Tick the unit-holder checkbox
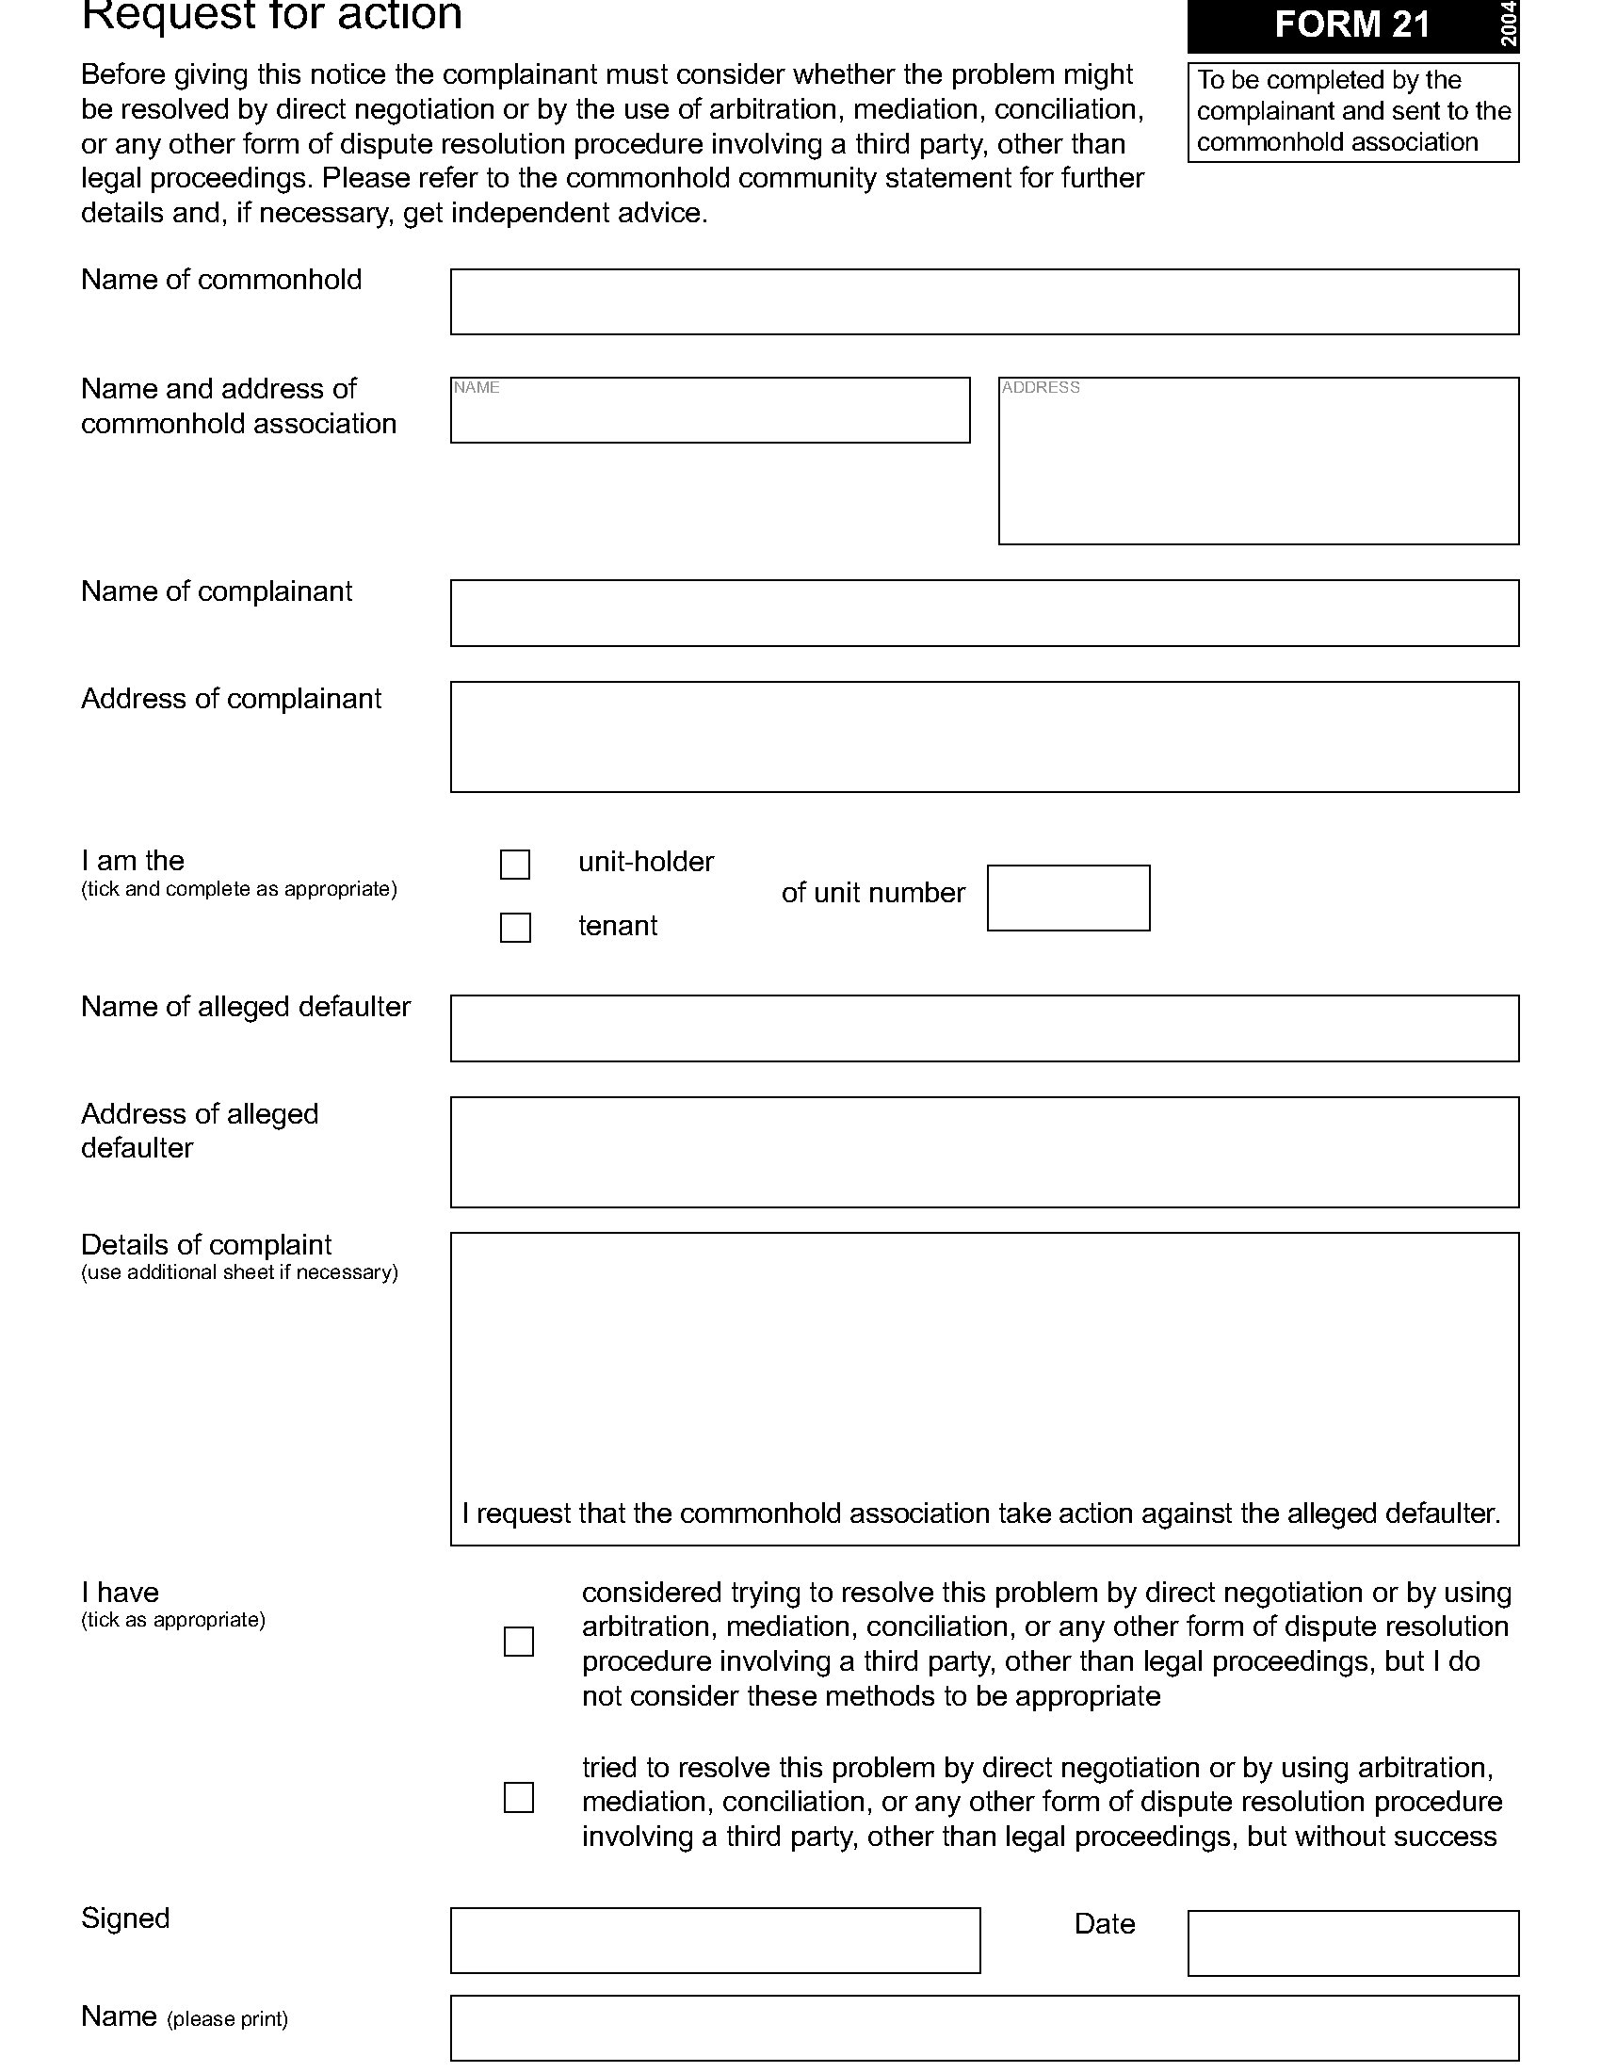[x=515, y=865]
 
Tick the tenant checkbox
[x=515, y=928]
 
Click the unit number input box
[x=1068, y=898]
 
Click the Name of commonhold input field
[x=983, y=301]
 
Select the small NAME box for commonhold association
[x=709, y=410]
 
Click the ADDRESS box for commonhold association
[x=1257, y=461]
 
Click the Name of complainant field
[x=983, y=613]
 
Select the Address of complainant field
[x=983, y=737]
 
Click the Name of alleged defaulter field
[x=983, y=1028]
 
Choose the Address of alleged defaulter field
[x=983, y=1153]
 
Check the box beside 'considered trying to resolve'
[x=519, y=1643]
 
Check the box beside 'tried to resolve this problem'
[x=519, y=1798]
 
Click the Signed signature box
[x=715, y=1941]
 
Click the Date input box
[x=1352, y=1943]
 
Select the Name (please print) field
[x=983, y=2029]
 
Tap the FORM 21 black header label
[x=1350, y=24]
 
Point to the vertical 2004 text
[x=1508, y=24]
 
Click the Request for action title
[x=271, y=15]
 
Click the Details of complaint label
[x=206, y=1245]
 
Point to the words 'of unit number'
[x=873, y=893]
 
